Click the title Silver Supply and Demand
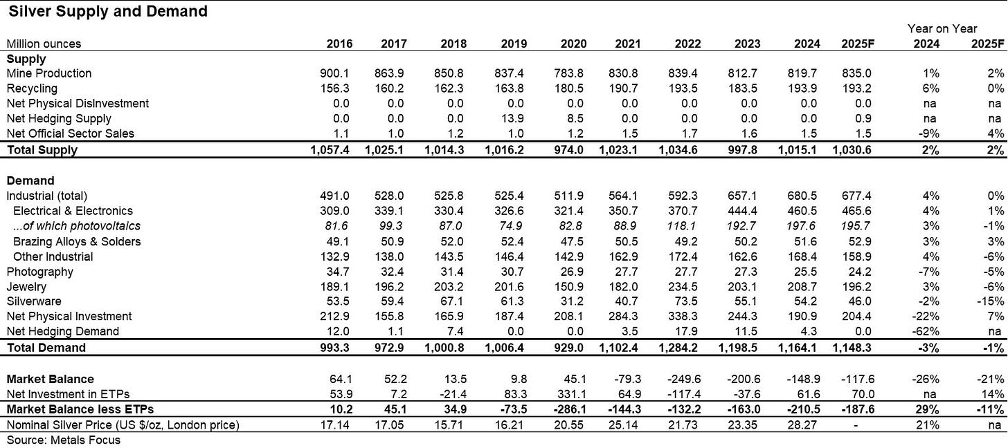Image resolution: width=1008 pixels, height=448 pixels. click(108, 12)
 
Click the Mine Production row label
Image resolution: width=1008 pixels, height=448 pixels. click(48, 73)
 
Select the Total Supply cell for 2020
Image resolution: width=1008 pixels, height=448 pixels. click(573, 149)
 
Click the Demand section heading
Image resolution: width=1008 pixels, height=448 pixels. click(30, 180)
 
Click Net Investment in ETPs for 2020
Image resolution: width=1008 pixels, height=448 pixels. click(573, 394)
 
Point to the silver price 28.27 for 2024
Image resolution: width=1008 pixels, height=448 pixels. click(806, 424)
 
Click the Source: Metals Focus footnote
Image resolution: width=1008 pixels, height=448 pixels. click(63, 440)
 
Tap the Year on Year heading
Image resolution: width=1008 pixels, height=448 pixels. click(943, 28)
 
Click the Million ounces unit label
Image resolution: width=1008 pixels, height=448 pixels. click(44, 44)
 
